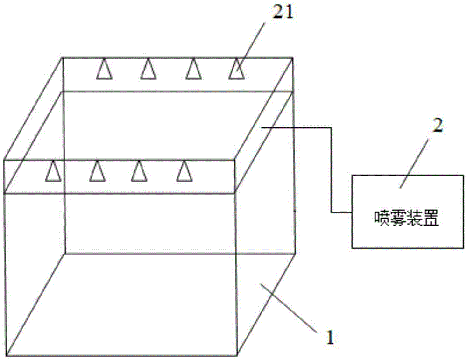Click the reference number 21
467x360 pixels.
point(283,13)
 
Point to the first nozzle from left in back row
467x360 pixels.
point(104,69)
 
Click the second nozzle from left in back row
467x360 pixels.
point(149,69)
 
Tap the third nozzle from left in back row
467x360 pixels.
point(193,69)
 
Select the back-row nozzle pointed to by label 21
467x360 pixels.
point(237,69)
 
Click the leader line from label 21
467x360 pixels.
point(250,47)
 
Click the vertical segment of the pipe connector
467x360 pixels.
point(331,169)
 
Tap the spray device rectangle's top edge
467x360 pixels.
point(408,176)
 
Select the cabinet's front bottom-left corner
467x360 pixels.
point(6,355)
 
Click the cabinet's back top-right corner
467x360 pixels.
point(292,58)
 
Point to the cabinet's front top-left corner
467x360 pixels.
point(4,161)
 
